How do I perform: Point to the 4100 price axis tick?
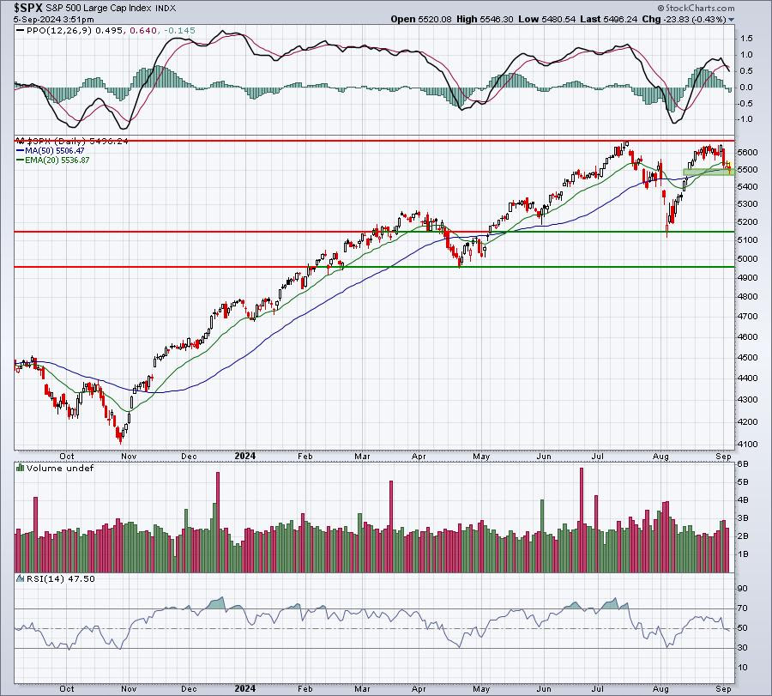click(x=746, y=445)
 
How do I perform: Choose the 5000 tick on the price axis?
click(x=746, y=258)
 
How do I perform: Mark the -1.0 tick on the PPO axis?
click(x=745, y=118)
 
